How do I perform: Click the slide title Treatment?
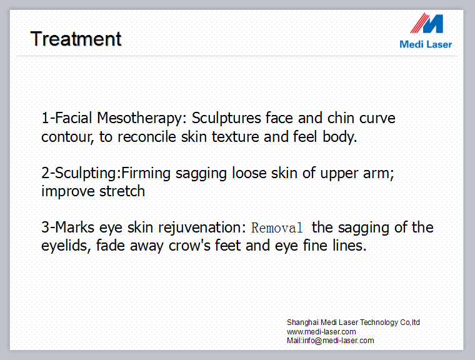76,39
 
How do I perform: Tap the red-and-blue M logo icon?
427,23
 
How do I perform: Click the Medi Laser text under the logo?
426,44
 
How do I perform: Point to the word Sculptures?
226,118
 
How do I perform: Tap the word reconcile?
147,137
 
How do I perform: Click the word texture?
236,137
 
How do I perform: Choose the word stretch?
122,191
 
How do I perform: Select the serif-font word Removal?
277,228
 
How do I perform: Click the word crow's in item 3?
189,246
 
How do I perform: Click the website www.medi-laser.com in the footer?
321,332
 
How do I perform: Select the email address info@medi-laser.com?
338,341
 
